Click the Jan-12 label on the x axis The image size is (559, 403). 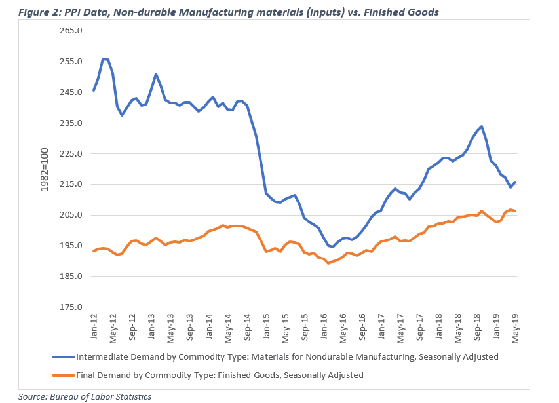click(x=94, y=325)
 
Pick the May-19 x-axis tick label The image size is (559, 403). click(x=516, y=325)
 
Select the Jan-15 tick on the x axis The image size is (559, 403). click(x=267, y=325)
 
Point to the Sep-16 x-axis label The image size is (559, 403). click(x=362, y=325)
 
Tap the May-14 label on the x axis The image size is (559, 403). click(x=228, y=325)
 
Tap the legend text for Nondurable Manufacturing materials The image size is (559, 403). click(x=288, y=357)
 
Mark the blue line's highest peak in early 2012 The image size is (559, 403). click(x=104, y=59)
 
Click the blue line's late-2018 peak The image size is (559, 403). click(x=482, y=126)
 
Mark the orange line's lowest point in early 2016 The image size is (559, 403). click(x=328, y=263)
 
